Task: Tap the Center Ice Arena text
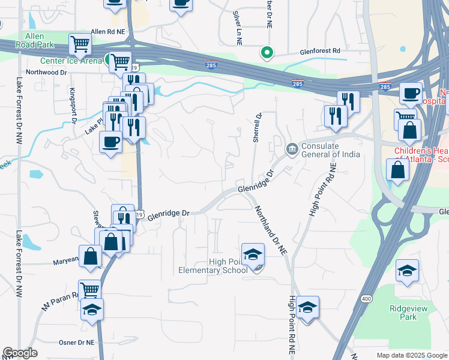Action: coord(71,61)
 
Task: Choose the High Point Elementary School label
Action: coord(212,266)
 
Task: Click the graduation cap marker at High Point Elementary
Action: coord(253,254)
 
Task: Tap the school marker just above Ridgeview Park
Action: coord(408,271)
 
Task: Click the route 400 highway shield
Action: coord(366,298)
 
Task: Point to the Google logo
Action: coord(20,353)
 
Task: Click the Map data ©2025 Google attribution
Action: coord(411,355)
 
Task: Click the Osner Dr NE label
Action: coord(74,342)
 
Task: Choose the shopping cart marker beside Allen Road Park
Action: coord(80,43)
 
